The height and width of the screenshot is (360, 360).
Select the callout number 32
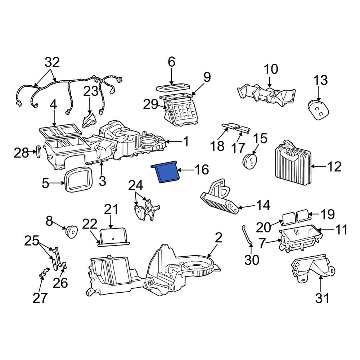[52, 63]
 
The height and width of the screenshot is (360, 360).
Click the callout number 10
[271, 69]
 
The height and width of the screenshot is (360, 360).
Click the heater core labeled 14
[220, 198]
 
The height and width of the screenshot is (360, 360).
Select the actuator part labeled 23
[88, 120]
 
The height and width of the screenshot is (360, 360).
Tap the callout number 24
[136, 185]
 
